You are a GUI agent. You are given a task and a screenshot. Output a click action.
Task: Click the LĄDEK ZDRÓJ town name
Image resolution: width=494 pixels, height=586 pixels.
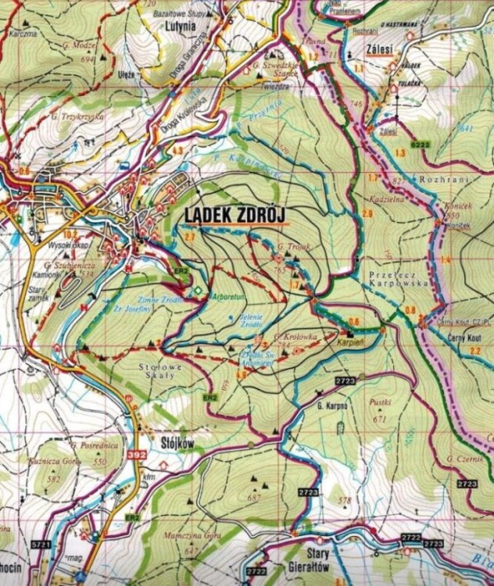[x=235, y=214]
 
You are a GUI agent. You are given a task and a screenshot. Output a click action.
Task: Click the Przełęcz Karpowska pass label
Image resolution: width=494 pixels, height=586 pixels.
[x=399, y=280]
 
